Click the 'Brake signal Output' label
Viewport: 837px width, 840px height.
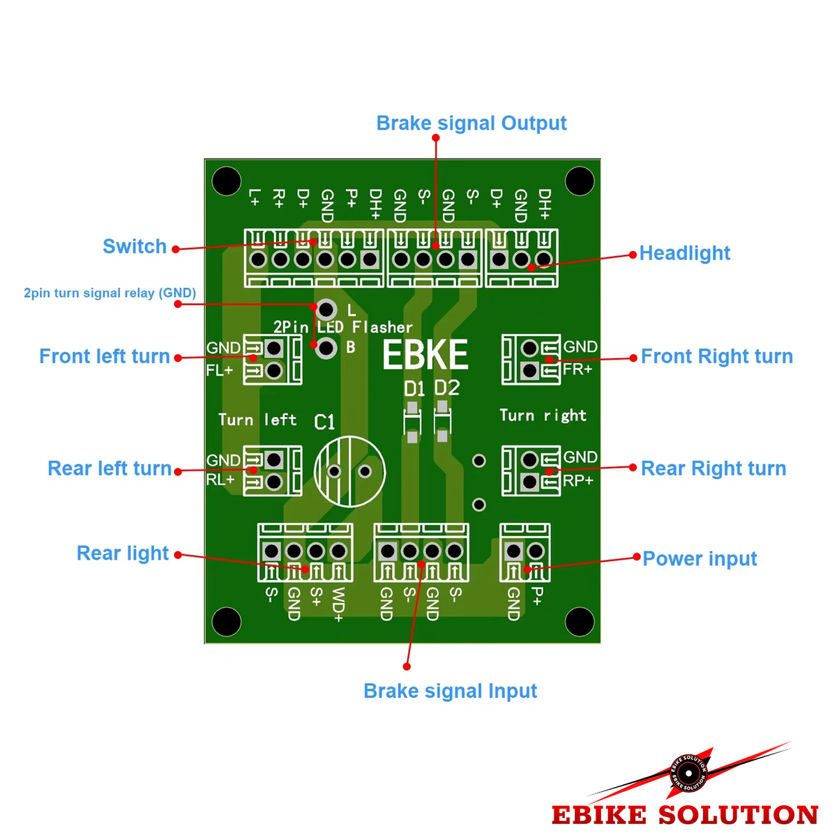(471, 123)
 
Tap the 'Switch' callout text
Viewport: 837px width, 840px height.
(135, 246)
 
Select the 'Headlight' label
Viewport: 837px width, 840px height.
(684, 253)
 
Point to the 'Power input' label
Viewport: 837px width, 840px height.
(700, 559)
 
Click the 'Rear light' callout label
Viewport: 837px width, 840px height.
(123, 553)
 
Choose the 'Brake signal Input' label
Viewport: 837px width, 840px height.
(450, 691)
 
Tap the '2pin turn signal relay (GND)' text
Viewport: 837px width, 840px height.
(110, 293)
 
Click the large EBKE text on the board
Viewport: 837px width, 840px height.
(425, 355)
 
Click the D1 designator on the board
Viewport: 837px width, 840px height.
(414, 389)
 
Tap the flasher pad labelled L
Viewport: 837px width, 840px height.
(326, 310)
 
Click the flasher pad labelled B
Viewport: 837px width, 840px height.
(326, 349)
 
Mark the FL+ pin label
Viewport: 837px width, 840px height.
(220, 371)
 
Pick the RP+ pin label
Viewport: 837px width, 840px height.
(578, 481)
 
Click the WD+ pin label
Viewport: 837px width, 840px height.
(338, 604)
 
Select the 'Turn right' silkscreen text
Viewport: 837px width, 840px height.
(543, 416)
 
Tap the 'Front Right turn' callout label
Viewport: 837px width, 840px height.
(716, 357)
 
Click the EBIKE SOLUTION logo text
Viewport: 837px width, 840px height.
(684, 815)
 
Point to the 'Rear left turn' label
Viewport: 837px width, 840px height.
(110, 468)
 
